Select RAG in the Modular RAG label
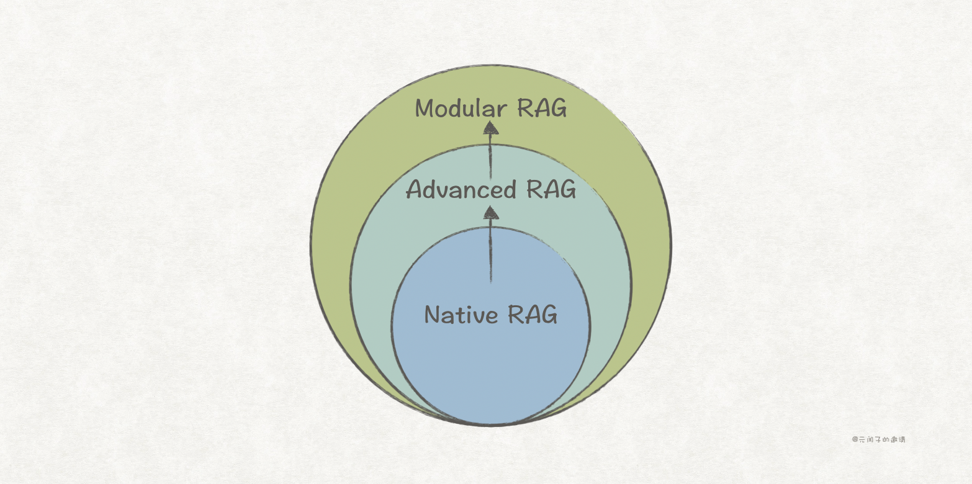(x=542, y=109)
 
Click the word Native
(x=461, y=315)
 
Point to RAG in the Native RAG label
(x=533, y=315)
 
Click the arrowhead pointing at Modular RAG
(x=491, y=128)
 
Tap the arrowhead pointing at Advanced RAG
(x=491, y=212)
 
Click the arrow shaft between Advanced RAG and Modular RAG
(x=490, y=158)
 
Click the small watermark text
(x=878, y=439)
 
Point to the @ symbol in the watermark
(x=855, y=439)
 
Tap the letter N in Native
(x=433, y=315)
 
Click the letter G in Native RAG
(x=549, y=315)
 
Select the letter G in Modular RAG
(x=558, y=109)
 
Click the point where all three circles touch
(x=490, y=424)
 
